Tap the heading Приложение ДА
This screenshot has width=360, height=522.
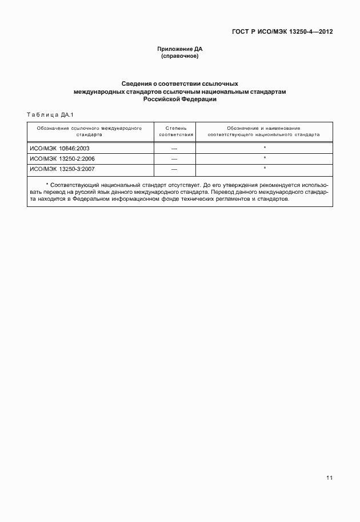(180, 50)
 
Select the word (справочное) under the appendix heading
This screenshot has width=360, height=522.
(180, 56)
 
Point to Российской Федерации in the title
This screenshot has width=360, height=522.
(180, 99)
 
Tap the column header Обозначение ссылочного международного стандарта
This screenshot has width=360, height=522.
(89, 131)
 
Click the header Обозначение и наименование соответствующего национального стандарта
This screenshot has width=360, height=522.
(264, 131)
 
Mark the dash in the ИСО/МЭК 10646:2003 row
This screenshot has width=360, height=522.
(174, 148)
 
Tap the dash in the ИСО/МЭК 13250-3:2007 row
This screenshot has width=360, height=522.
(174, 169)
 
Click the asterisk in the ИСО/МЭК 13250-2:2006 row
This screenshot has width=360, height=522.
(265, 158)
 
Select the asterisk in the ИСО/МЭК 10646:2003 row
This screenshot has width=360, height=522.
(265, 148)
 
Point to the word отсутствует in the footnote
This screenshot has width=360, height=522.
(183, 186)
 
